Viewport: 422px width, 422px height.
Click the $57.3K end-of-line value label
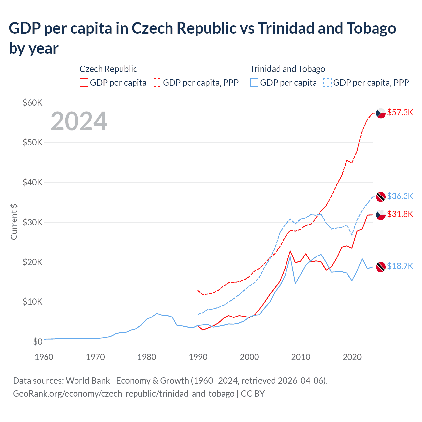pyautogui.click(x=400, y=113)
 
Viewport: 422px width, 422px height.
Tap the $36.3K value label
pyautogui.click(x=400, y=196)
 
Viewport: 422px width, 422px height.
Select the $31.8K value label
pyautogui.click(x=400, y=214)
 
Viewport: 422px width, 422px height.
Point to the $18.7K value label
pyautogui.click(x=400, y=266)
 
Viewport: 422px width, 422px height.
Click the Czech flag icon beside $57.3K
pyautogui.click(x=381, y=113)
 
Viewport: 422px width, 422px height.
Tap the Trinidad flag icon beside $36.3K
pyautogui.click(x=381, y=196)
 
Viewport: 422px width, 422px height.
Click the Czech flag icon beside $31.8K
pyautogui.click(x=381, y=215)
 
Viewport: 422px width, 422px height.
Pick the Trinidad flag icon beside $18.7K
pyautogui.click(x=381, y=267)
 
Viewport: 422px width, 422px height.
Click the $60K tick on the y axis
pyautogui.click(x=32, y=103)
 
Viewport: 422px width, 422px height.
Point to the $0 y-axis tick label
pyautogui.click(x=38, y=342)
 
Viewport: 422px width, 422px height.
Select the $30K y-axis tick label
pyautogui.click(x=32, y=222)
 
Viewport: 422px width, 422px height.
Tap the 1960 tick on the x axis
pyautogui.click(x=44, y=357)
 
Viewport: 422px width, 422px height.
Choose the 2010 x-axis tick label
pyautogui.click(x=301, y=357)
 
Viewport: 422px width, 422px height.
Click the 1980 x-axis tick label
pyautogui.click(x=147, y=357)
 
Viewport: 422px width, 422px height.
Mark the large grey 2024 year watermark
pyautogui.click(x=79, y=122)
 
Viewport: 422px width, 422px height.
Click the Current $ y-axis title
pyautogui.click(x=14, y=222)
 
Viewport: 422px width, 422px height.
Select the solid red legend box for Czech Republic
pyautogui.click(x=84, y=82)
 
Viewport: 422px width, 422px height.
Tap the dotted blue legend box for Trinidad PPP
pyautogui.click(x=327, y=82)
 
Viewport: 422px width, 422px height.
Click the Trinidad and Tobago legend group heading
pyautogui.click(x=287, y=69)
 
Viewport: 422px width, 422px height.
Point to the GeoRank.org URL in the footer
pyautogui.click(x=124, y=394)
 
